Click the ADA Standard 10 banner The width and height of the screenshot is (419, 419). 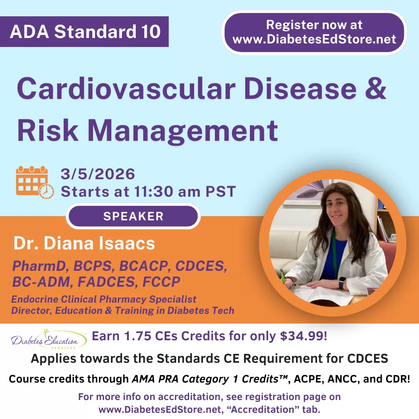click(x=84, y=31)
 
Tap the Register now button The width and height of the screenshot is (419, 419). click(x=314, y=32)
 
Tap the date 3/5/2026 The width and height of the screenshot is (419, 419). click(x=98, y=174)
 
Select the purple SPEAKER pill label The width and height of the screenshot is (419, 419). click(x=133, y=216)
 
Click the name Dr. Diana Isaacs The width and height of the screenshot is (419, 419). click(x=84, y=243)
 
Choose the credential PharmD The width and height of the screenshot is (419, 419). click(x=39, y=266)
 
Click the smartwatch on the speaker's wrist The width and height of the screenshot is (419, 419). click(x=342, y=282)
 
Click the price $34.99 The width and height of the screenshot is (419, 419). click(x=303, y=336)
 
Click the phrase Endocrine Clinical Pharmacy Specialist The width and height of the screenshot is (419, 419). click(x=104, y=299)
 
